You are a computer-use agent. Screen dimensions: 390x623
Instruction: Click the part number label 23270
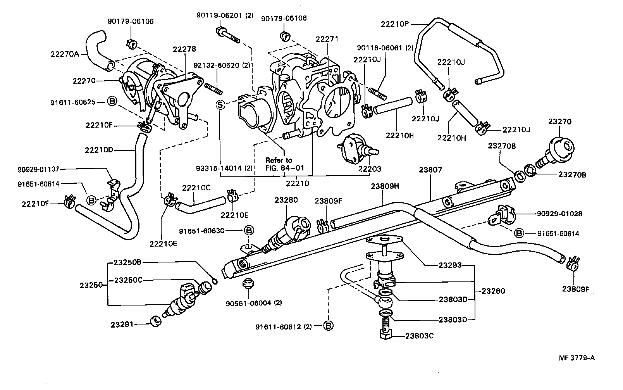(x=560, y=122)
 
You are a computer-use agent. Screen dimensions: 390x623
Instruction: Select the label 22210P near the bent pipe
(x=395, y=24)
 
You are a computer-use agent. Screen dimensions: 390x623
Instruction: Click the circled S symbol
(x=220, y=105)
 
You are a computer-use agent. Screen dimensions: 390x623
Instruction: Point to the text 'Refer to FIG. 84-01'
(x=284, y=164)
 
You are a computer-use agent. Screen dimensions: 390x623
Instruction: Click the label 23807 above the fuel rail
(x=430, y=170)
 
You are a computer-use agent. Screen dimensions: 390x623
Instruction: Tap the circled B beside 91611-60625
(x=112, y=102)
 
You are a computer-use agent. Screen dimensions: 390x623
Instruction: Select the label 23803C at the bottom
(x=420, y=336)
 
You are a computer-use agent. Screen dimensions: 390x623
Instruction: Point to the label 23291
(x=122, y=324)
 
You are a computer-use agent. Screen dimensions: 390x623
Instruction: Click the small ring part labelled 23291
(x=155, y=321)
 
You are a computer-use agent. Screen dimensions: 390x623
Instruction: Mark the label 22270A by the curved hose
(x=64, y=54)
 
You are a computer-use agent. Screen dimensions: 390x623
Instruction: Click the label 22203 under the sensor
(x=369, y=169)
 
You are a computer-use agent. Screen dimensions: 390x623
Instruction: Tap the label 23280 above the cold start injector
(x=286, y=200)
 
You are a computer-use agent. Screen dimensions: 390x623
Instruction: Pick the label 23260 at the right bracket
(x=493, y=291)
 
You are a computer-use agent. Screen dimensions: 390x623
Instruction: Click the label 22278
(x=184, y=49)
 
